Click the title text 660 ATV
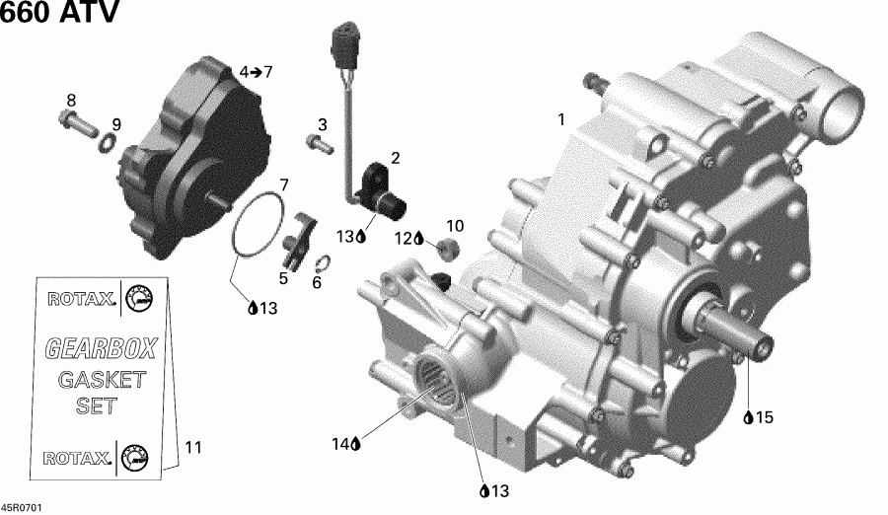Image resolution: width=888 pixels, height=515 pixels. (x=61, y=15)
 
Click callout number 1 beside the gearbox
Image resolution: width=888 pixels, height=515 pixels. (x=561, y=120)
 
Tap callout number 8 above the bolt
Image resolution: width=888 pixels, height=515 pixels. (x=70, y=100)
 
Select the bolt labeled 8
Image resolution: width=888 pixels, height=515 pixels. (x=76, y=124)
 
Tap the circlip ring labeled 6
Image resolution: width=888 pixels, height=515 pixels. (x=323, y=263)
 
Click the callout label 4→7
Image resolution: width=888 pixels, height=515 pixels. (x=255, y=72)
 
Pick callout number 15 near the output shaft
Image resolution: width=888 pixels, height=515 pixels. (x=763, y=418)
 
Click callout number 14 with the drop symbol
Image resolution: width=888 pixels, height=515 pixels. (x=341, y=445)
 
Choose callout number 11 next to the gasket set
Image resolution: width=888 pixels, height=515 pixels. (x=192, y=448)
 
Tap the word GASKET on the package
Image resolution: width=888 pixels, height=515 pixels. (x=101, y=380)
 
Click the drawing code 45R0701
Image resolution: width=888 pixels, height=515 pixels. (x=23, y=507)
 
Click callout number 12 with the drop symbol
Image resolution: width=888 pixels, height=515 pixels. (x=404, y=238)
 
